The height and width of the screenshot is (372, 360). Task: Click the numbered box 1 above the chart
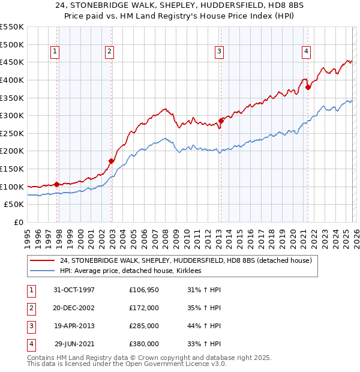(55, 52)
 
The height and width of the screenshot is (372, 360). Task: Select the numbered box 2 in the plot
(110, 52)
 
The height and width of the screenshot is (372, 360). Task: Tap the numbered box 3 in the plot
(220, 52)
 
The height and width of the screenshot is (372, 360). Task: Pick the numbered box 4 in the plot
(306, 52)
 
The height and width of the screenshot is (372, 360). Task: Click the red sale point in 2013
(221, 121)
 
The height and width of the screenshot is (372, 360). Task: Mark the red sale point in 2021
(308, 87)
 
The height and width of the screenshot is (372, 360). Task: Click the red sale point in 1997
(57, 184)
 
